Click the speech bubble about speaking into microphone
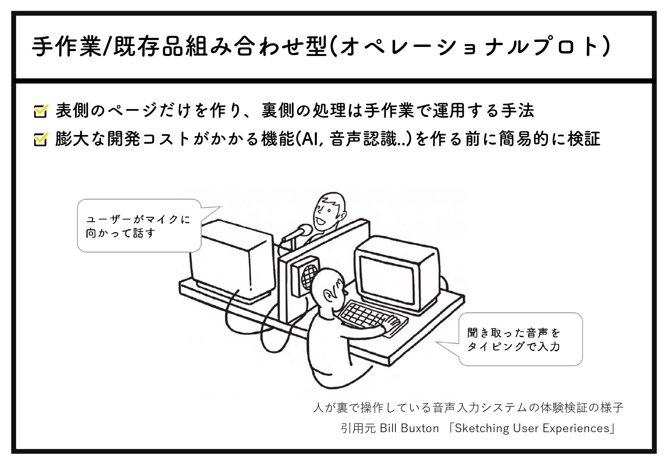coord(139,226)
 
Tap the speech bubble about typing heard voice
coord(520,339)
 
